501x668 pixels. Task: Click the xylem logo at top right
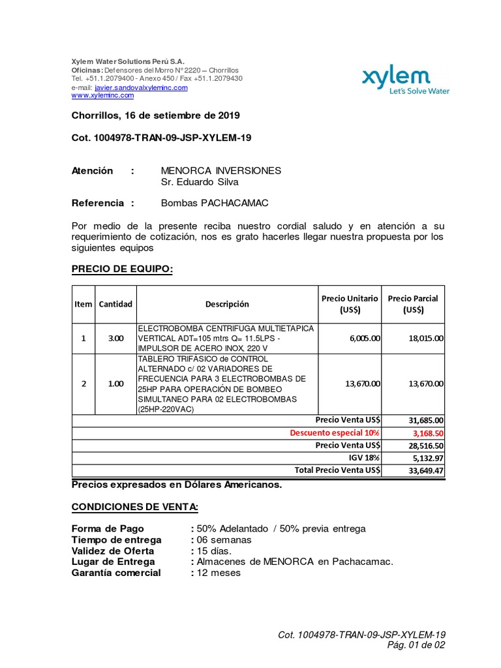tap(405, 81)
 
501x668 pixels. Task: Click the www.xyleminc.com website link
tap(102, 95)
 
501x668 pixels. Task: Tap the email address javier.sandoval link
tap(141, 87)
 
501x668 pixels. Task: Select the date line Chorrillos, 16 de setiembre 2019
tap(155, 115)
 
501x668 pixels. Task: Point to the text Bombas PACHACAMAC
tap(215, 203)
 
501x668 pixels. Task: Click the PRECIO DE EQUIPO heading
tap(121, 269)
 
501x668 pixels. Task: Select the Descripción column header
tap(227, 304)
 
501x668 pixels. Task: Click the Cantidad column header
tap(115, 304)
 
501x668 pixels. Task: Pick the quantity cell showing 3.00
tap(115, 339)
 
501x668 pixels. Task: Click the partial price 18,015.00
tap(426, 339)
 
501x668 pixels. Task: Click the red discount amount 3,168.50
tap(428, 433)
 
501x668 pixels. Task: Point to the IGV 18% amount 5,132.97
tap(428, 458)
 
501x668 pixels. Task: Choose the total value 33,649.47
tap(427, 470)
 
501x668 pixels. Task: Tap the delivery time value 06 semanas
tap(222, 539)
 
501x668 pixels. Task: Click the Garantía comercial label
tap(115, 573)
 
